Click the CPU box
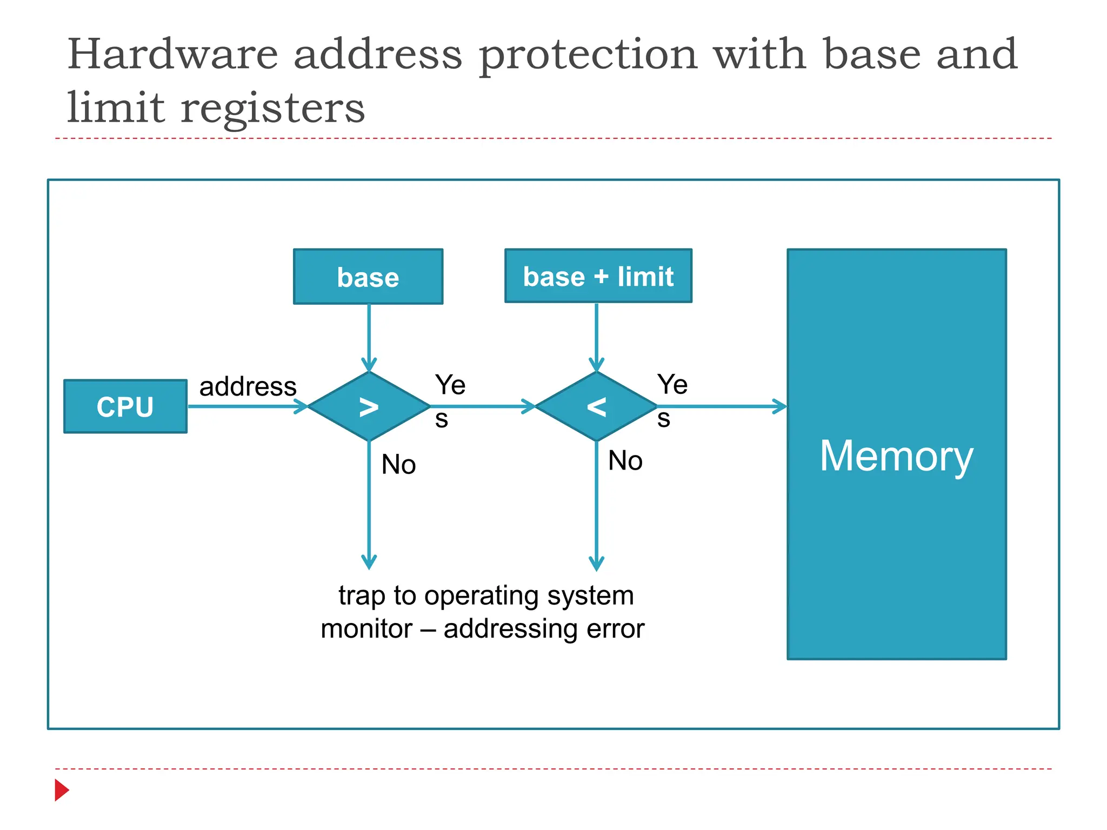(x=125, y=406)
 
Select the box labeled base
(x=368, y=277)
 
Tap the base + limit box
(x=598, y=276)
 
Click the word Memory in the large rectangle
(x=896, y=456)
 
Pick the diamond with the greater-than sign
(x=369, y=406)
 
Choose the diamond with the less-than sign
(x=596, y=406)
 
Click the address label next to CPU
(x=248, y=387)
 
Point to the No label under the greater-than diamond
(x=398, y=465)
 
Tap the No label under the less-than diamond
(x=625, y=461)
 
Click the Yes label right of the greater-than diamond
(x=449, y=400)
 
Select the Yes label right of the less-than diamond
(x=671, y=400)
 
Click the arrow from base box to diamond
(x=369, y=335)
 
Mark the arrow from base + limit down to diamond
(x=596, y=335)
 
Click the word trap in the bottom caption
(x=361, y=596)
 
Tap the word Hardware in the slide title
(x=172, y=55)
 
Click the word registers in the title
(x=272, y=108)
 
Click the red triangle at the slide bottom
(x=62, y=790)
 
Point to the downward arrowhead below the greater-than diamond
(x=369, y=562)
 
